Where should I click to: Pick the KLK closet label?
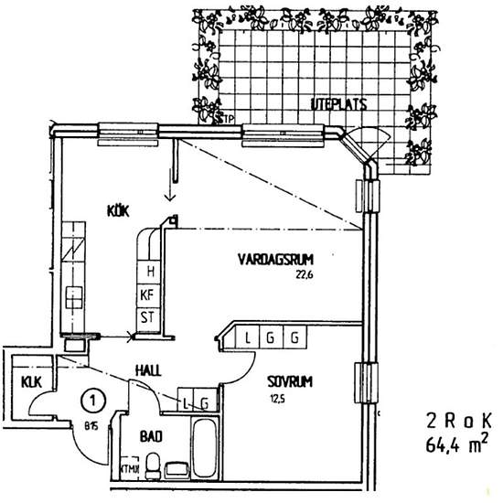coord(31,381)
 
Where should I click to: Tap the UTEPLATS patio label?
coord(338,104)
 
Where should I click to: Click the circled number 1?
coord(90,399)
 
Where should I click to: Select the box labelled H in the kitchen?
coord(146,271)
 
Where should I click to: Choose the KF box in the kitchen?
coord(146,294)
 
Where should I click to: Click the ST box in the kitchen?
coord(146,317)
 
